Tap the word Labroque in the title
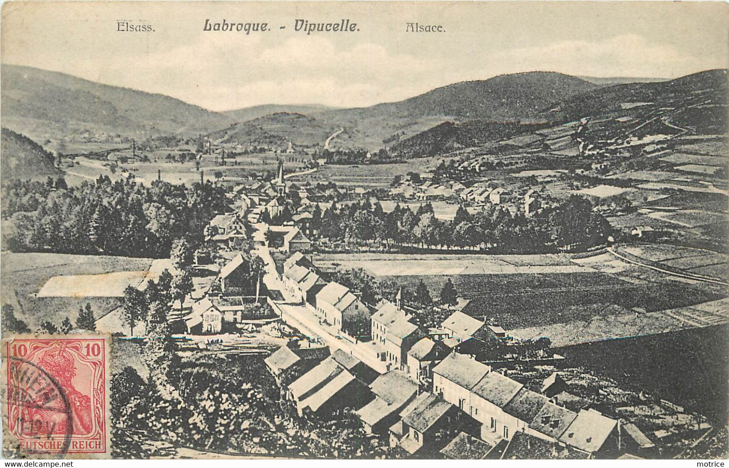point(236,26)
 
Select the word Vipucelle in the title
point(327,26)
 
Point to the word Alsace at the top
point(425,27)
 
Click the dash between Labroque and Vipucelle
point(282,27)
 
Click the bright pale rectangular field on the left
point(90,285)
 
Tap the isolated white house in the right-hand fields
point(636,231)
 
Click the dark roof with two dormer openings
point(552,420)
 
